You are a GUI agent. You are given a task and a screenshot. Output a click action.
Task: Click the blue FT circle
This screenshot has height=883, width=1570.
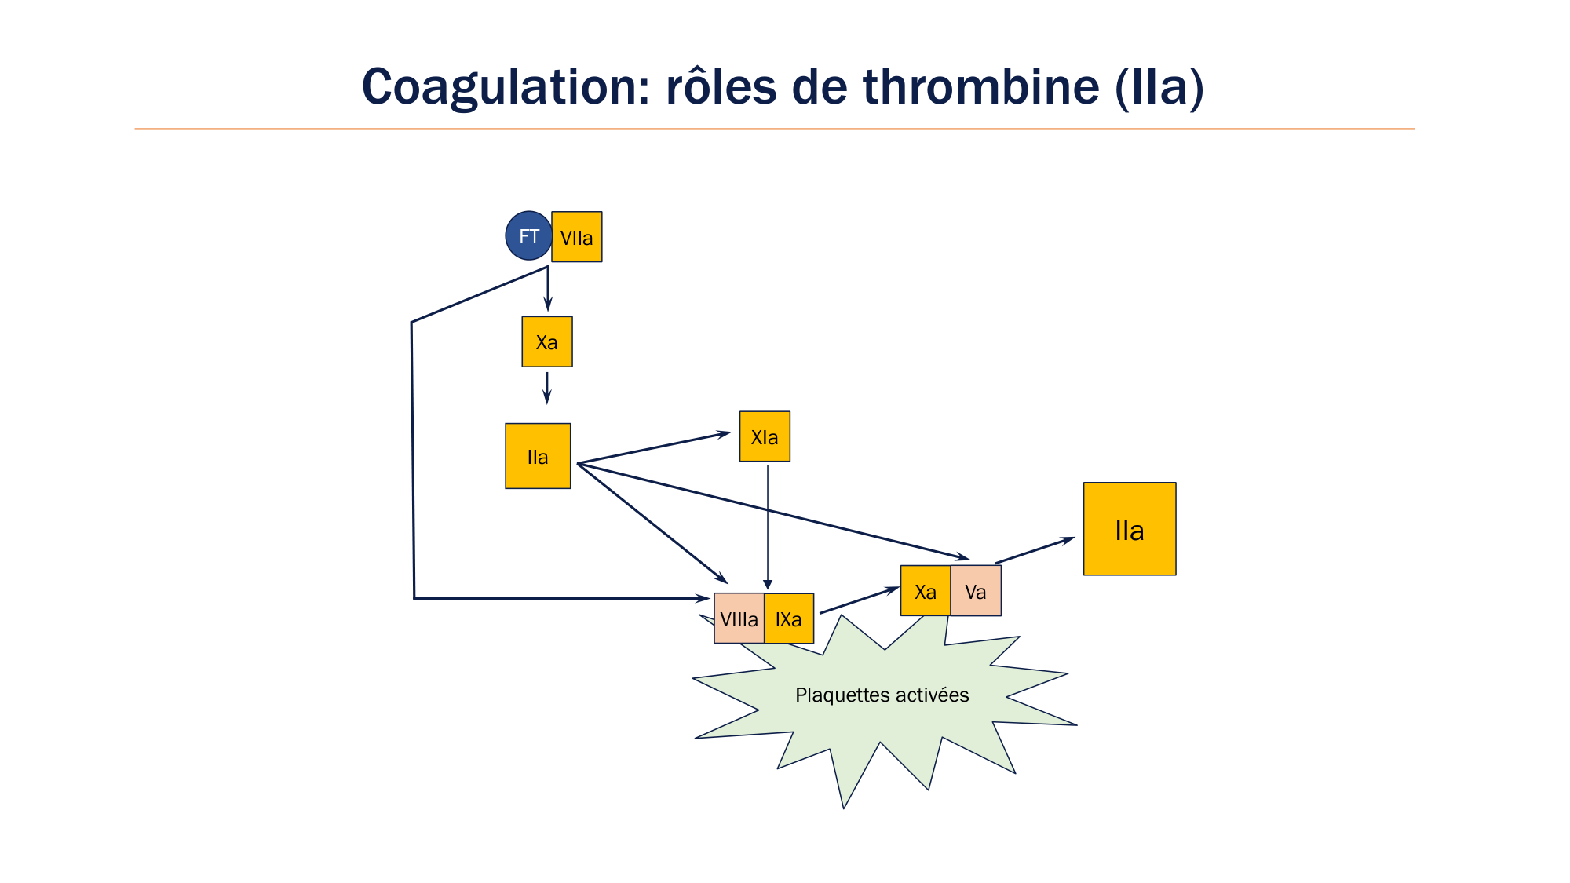[x=528, y=236]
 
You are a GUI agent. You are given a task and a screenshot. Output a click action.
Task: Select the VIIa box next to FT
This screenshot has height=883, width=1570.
[x=577, y=237]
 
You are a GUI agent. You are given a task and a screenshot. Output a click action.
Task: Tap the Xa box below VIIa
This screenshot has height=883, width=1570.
[x=547, y=342]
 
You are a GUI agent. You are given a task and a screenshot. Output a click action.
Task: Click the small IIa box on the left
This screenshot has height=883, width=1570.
[x=538, y=457]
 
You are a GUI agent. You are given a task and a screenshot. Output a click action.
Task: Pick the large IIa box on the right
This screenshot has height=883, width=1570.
[x=1130, y=530]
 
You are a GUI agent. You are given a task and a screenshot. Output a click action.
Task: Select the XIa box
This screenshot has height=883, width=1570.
[x=765, y=437]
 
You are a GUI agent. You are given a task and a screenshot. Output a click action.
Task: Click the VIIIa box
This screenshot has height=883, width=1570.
[x=739, y=619]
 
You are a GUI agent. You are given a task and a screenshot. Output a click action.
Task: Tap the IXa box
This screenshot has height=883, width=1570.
[x=789, y=619]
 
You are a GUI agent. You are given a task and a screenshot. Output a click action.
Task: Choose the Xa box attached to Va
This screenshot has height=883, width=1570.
[x=926, y=592]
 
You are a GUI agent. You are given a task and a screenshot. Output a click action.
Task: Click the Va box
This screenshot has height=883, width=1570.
[x=976, y=592]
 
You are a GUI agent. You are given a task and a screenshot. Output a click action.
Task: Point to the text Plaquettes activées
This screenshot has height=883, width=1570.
[x=882, y=695]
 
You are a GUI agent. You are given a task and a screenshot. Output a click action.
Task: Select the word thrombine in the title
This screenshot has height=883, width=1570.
[x=980, y=86]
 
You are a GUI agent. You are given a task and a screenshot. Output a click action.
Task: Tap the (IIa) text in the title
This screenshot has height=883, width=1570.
[x=1159, y=86]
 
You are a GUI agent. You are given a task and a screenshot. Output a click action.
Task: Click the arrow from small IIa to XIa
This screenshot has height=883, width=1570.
[x=654, y=447]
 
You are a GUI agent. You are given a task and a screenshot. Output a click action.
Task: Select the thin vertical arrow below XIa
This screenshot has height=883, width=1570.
[x=768, y=526]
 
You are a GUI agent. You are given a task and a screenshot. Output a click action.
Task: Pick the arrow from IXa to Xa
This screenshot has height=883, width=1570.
[x=859, y=600]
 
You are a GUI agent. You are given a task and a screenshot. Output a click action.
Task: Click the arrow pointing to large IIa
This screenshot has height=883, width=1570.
[x=1035, y=550]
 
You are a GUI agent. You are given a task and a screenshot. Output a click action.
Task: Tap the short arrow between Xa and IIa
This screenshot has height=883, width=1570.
[x=547, y=388]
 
